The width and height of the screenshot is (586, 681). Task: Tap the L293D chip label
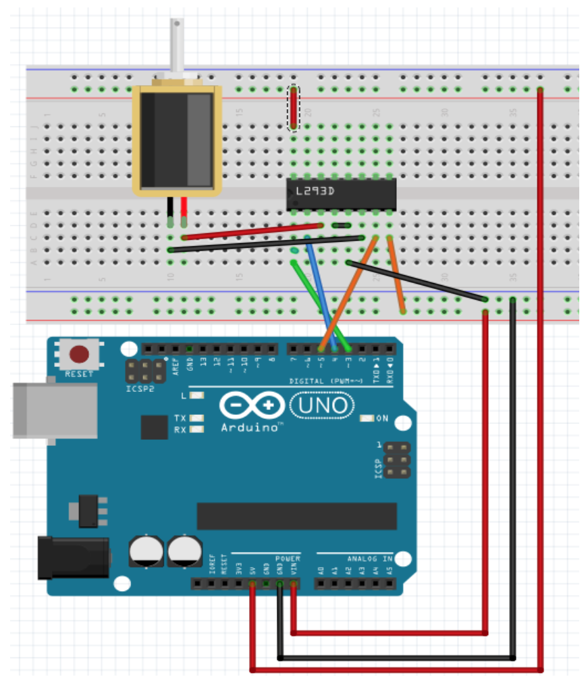[x=313, y=193]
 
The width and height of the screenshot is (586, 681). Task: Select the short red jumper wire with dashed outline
[x=294, y=108]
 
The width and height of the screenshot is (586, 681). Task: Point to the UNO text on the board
[x=322, y=405]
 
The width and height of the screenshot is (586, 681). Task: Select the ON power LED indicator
[x=367, y=419]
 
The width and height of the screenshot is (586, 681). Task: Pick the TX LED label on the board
[x=180, y=418]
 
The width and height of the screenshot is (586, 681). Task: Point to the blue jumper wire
[x=321, y=291]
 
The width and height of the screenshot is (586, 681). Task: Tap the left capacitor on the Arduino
[x=146, y=551]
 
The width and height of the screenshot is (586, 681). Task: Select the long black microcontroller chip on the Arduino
[x=296, y=516]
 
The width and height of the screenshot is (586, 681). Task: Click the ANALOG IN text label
[x=369, y=559]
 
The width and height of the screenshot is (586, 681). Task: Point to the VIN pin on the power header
[x=294, y=584]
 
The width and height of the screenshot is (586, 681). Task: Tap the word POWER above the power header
[x=286, y=559]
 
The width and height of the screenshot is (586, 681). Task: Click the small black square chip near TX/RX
[x=153, y=427]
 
